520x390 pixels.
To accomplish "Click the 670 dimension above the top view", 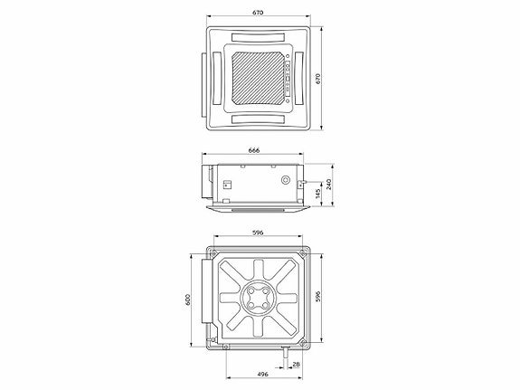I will [259, 13].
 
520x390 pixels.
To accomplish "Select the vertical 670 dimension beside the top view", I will [331, 79].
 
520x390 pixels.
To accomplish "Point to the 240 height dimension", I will [330, 184].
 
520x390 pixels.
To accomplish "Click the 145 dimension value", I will [317, 193].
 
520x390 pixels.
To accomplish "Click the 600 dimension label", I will [189, 299].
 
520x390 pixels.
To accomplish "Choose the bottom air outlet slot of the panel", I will [260, 119].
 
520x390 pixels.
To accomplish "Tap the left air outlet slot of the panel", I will [218, 79].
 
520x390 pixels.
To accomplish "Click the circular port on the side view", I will [288, 179].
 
